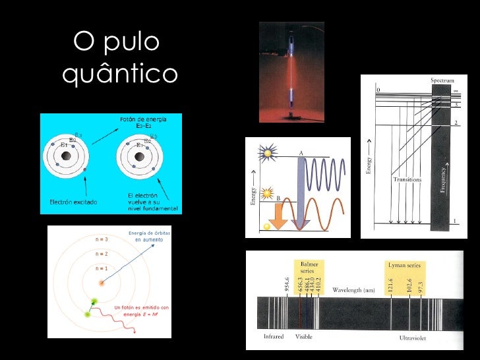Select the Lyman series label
tap(407, 264)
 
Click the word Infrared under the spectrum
tap(274, 336)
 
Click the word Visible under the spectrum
tap(304, 336)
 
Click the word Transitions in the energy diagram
tap(407, 179)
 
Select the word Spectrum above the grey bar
tap(442, 80)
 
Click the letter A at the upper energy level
tap(301, 152)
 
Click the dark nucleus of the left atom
tap(66, 157)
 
